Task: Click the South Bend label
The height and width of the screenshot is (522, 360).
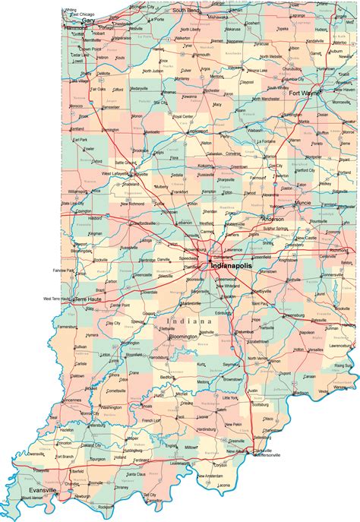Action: (x=185, y=10)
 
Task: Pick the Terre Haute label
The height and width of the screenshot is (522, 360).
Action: (x=84, y=300)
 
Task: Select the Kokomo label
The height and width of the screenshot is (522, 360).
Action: (x=206, y=165)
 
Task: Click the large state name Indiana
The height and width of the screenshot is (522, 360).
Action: (x=187, y=322)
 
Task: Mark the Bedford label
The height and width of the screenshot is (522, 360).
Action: (x=179, y=377)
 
